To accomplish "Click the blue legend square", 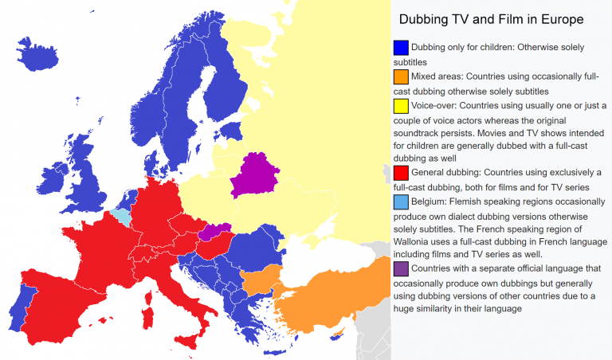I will click(x=401, y=48).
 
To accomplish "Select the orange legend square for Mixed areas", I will click(x=401, y=77).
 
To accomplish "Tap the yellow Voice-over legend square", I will click(x=401, y=106).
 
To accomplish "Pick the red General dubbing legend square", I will click(x=401, y=173).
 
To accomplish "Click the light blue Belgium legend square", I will click(x=401, y=202).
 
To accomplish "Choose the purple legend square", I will click(x=401, y=269).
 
